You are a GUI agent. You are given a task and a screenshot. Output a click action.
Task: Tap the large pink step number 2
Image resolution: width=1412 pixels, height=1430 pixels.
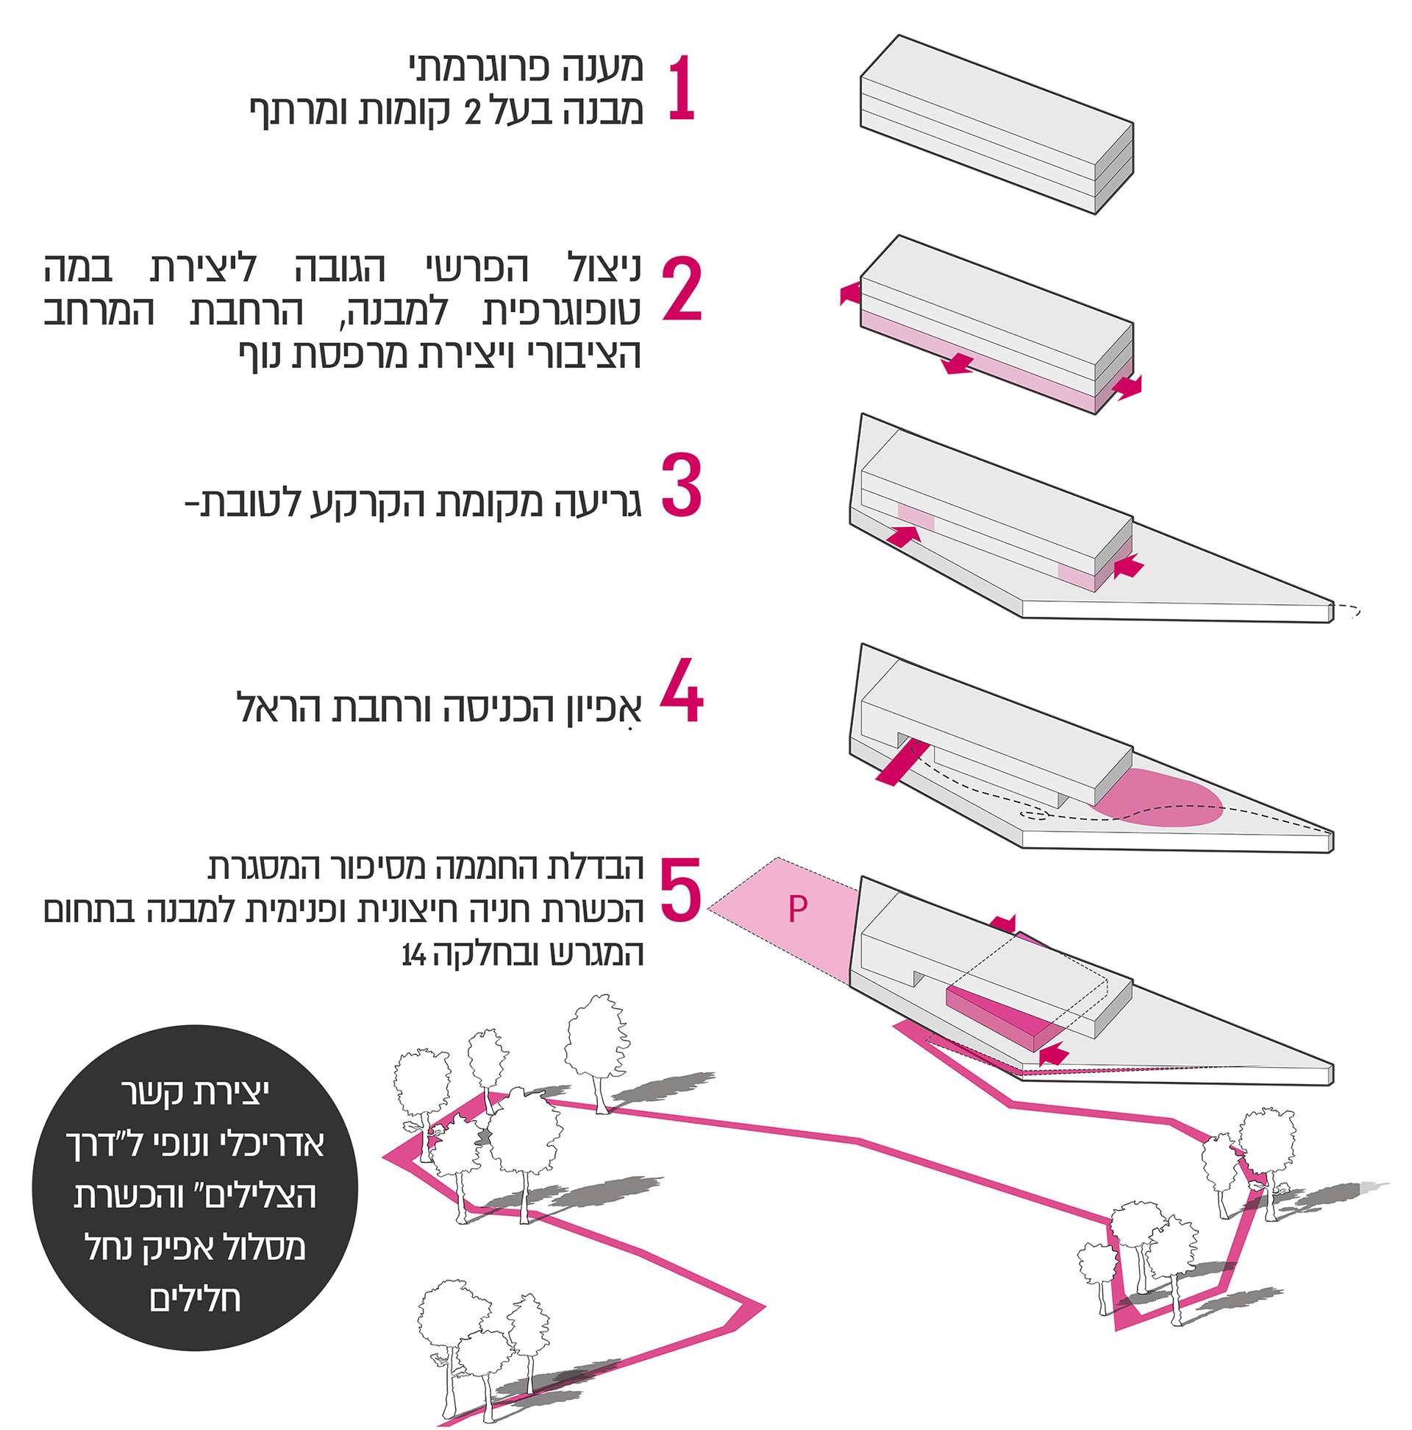(681, 289)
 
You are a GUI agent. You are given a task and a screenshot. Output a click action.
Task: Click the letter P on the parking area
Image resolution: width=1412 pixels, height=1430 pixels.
(797, 909)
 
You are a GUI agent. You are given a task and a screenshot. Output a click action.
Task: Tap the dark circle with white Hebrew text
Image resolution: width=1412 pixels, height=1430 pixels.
(196, 1188)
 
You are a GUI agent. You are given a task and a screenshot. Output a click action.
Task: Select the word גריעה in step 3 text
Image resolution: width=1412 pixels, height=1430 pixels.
(597, 503)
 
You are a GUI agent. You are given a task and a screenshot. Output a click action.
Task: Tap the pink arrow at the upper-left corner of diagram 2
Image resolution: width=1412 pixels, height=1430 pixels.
(851, 294)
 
